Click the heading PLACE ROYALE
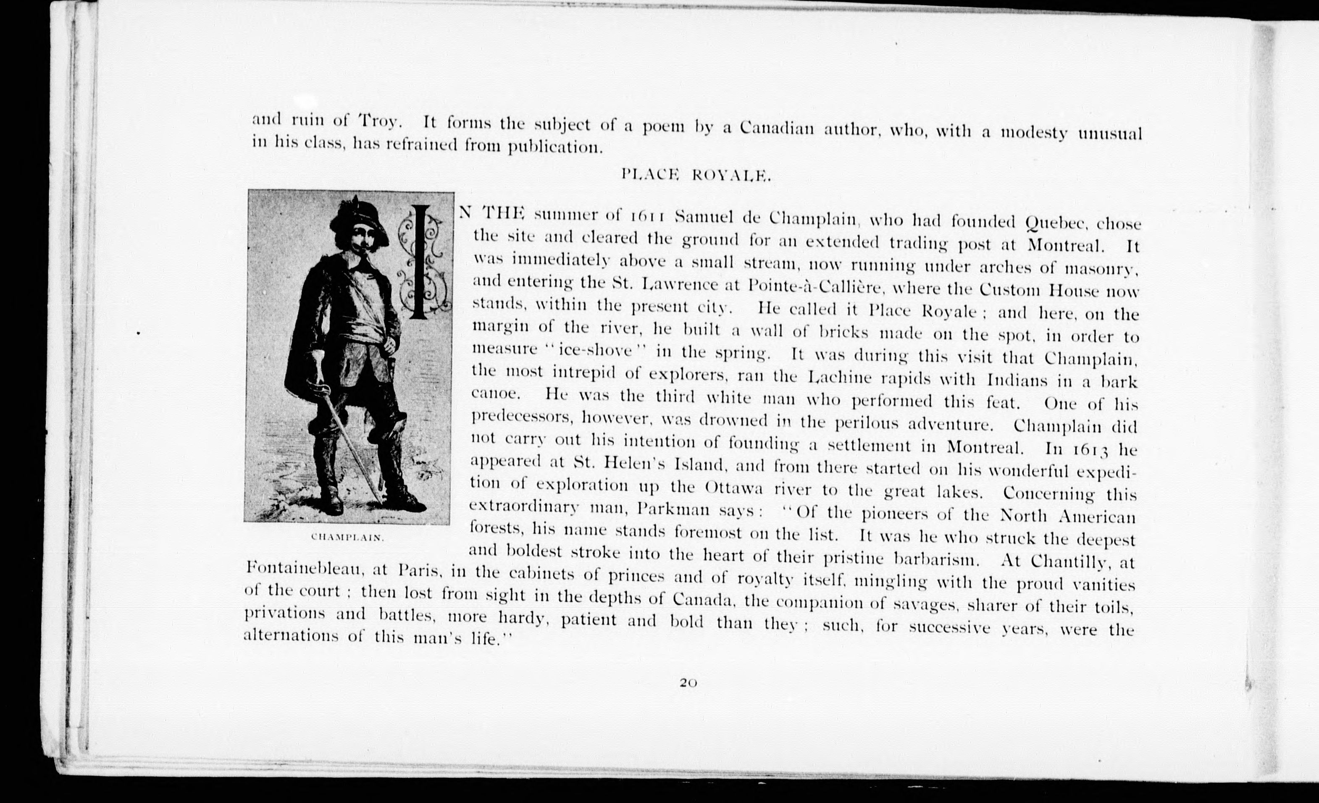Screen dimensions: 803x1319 tap(696, 175)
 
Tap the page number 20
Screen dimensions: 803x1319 tap(688, 682)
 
